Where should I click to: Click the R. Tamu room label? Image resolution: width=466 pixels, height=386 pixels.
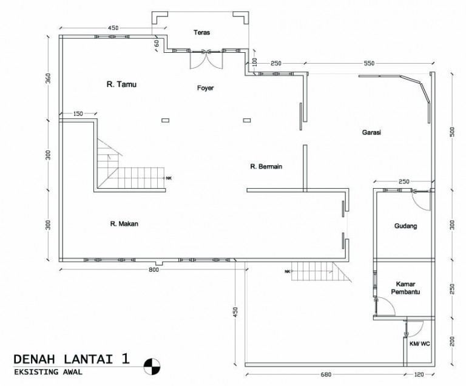(121, 85)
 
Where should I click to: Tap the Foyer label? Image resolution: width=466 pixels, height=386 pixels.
(206, 88)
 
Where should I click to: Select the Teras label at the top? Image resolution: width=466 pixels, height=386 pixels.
(201, 32)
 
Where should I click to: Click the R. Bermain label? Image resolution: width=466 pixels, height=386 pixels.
(266, 166)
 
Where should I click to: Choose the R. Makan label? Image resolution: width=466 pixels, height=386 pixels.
(124, 224)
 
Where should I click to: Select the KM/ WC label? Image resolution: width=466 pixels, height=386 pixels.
(419, 343)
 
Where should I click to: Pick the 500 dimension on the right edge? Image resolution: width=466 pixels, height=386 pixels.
(451, 133)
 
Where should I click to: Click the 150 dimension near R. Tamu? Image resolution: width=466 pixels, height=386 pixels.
(78, 114)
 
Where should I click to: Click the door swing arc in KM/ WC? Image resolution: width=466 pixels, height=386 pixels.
(413, 328)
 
